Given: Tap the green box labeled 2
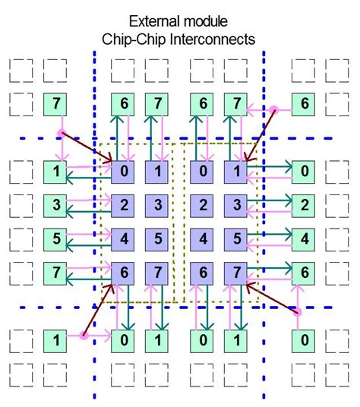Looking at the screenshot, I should [305, 204].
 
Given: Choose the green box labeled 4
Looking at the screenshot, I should [305, 238].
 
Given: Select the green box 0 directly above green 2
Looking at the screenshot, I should [305, 171].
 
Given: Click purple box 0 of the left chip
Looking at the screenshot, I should [123, 171].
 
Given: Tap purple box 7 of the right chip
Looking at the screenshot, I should [236, 271].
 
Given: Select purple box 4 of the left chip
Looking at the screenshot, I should [123, 238].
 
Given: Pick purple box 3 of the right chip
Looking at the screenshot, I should [236, 204].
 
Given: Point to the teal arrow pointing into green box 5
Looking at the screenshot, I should [88, 245].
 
